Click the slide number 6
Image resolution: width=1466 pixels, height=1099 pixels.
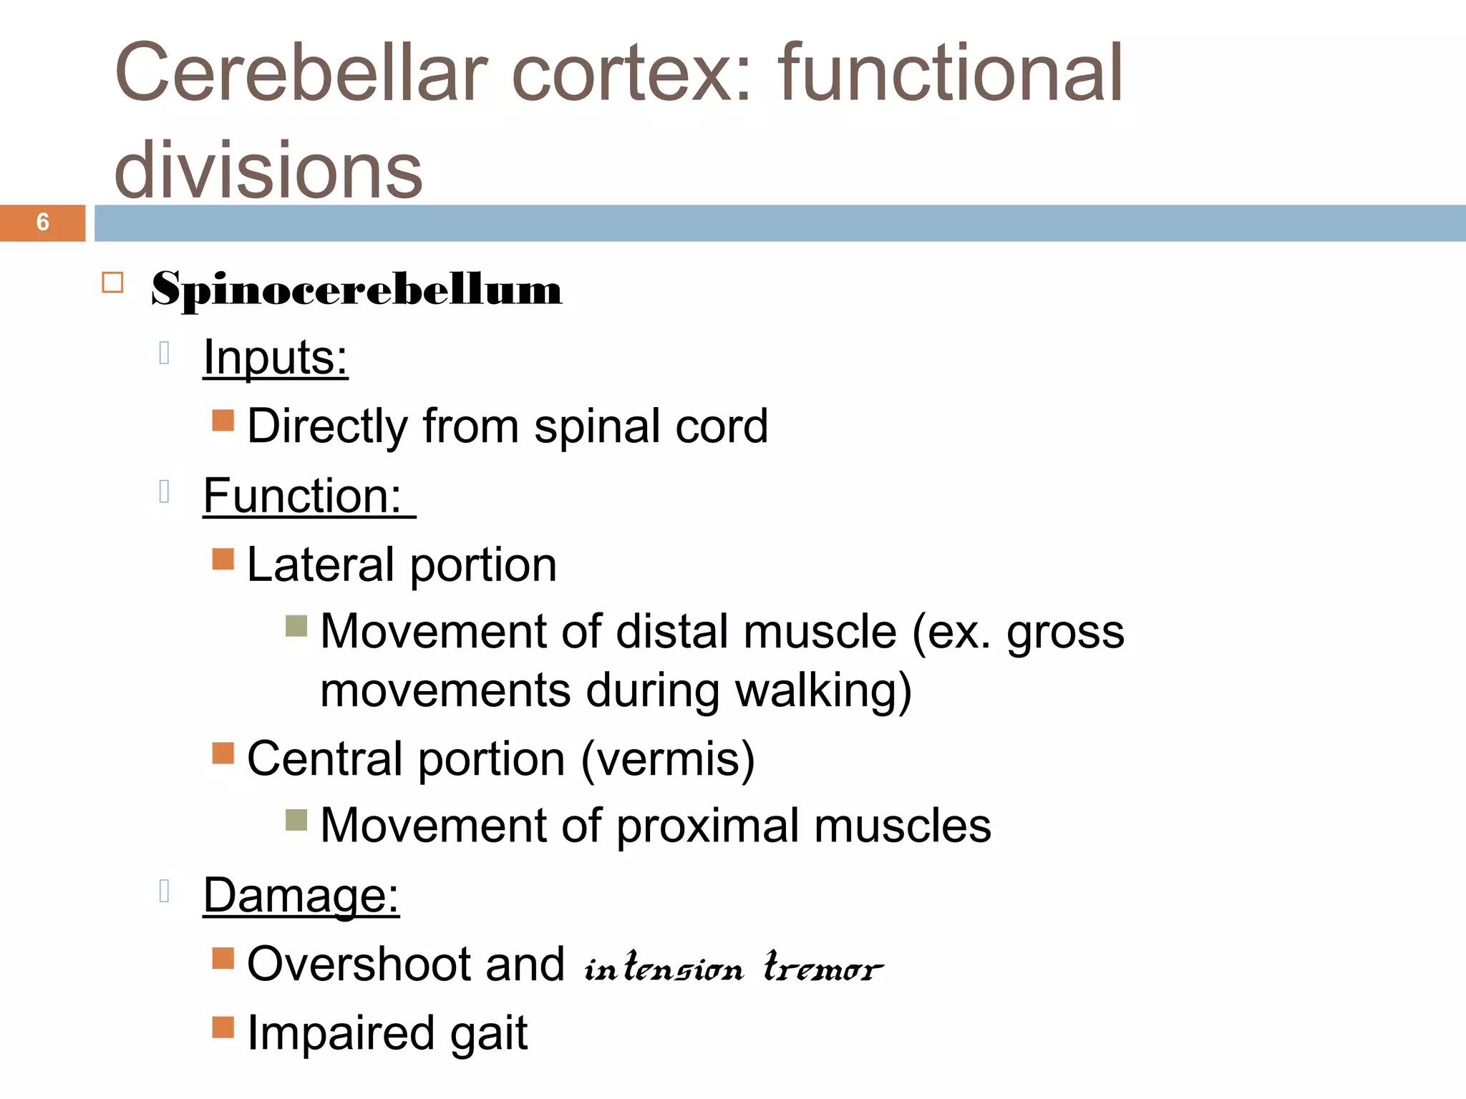(x=43, y=223)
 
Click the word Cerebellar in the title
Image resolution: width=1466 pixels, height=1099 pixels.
(x=301, y=73)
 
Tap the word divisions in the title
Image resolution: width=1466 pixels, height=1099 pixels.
(x=268, y=170)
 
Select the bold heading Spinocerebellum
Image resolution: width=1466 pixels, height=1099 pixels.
(x=356, y=290)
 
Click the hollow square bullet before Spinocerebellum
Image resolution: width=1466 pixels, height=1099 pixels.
(x=112, y=283)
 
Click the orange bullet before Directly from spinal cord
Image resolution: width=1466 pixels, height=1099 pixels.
(x=223, y=421)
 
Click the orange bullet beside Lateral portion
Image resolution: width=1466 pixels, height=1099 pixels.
(x=223, y=559)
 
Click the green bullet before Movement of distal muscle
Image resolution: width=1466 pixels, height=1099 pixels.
(x=296, y=626)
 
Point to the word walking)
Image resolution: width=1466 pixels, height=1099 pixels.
(x=823, y=691)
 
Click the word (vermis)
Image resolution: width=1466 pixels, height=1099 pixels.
(x=668, y=758)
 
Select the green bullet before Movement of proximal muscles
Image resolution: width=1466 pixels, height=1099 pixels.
(x=296, y=820)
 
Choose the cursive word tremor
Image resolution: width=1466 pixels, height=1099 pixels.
(x=823, y=967)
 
